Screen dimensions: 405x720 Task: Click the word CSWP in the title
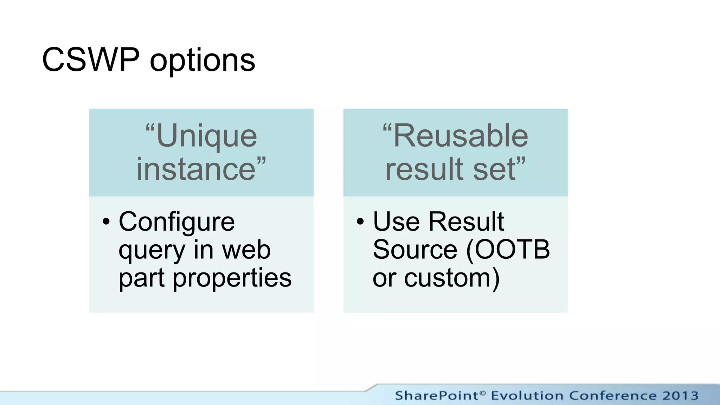tap(90, 60)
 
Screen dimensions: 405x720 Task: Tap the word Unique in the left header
tap(207, 136)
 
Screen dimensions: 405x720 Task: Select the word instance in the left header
tap(196, 169)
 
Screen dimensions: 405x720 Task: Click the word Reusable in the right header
tap(461, 136)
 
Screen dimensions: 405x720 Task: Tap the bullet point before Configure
tap(106, 222)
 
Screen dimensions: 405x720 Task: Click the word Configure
tap(176, 222)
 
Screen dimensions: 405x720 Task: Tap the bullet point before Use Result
tap(360, 222)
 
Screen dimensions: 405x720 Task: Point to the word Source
tap(415, 250)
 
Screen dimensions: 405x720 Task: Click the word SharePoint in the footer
tap(437, 396)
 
